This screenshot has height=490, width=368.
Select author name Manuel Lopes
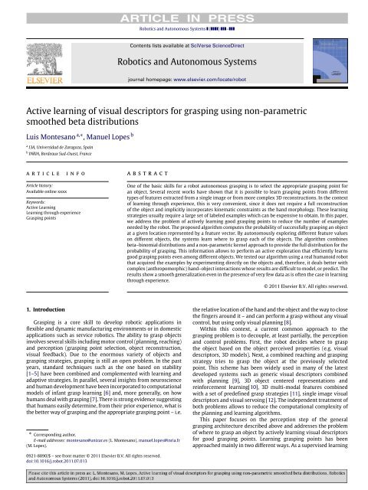coord(105,139)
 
